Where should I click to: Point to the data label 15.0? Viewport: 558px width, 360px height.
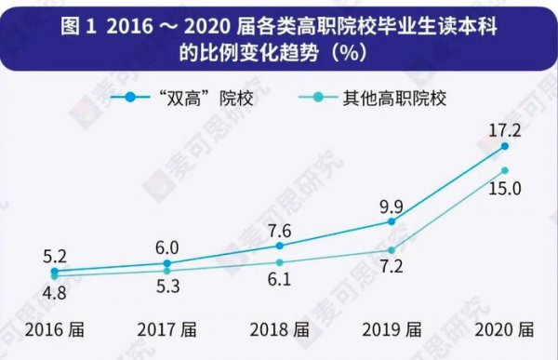503,190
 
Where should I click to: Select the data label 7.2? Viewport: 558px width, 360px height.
391,270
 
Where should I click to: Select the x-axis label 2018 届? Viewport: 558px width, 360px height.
279,329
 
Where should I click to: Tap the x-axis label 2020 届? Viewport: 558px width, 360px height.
503,329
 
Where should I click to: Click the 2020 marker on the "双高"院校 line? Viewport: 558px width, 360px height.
504,146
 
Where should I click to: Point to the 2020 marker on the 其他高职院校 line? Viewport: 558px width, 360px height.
504,170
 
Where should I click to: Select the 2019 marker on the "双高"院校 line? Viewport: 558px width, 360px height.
392,221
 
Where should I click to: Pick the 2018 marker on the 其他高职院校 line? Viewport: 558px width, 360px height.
279,262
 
